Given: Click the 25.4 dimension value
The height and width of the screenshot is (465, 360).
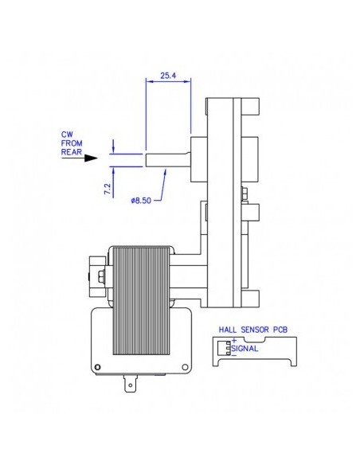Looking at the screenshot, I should [x=168, y=76].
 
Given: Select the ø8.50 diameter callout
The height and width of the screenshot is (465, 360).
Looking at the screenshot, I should [x=142, y=201].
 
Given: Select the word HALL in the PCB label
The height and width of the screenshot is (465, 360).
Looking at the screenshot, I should [x=229, y=328].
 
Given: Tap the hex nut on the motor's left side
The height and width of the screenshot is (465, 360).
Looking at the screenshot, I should [x=101, y=277].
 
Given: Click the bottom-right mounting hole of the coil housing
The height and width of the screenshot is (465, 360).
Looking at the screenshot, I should [x=186, y=367].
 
